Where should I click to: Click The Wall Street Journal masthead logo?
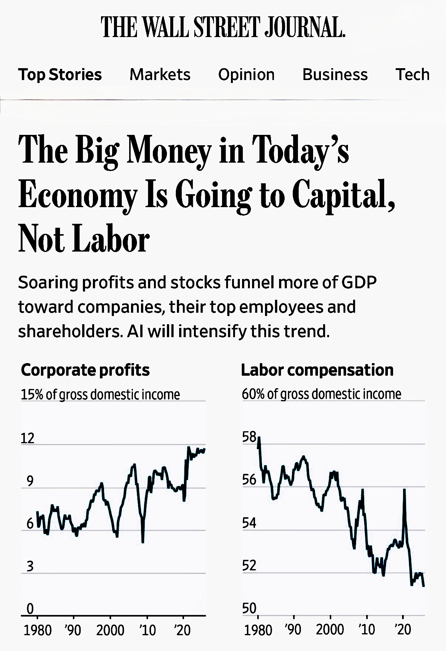tap(223, 27)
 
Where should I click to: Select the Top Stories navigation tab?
tap(60, 74)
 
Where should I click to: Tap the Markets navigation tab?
tap(160, 74)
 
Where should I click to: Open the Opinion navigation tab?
tap(246, 74)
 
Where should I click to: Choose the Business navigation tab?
tap(335, 74)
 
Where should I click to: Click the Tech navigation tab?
tap(413, 74)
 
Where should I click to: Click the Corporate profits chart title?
tap(85, 370)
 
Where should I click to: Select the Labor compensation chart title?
tap(317, 370)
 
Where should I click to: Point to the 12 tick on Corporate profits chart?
tap(27, 438)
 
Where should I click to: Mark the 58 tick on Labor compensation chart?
tap(249, 437)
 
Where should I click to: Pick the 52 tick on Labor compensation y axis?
tap(249, 566)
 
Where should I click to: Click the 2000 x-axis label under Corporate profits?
tap(110, 630)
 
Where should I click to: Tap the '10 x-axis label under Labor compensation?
tap(366, 630)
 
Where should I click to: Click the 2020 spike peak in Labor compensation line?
tap(404, 490)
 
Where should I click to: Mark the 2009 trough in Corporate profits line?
tap(143, 542)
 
